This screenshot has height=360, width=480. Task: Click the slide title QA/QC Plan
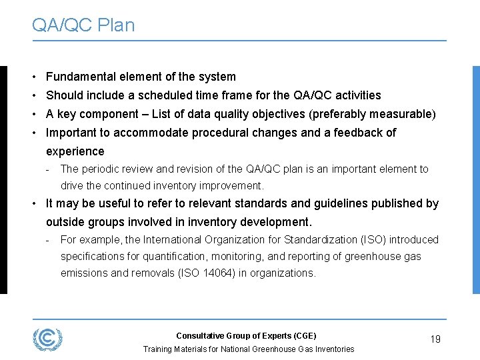[83, 25]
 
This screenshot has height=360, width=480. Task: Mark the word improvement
[230, 186]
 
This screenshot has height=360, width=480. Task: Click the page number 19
[435, 339]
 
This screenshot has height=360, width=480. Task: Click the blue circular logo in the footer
[47, 339]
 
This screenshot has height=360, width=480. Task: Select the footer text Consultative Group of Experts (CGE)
[246, 335]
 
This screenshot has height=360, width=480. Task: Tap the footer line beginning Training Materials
[249, 349]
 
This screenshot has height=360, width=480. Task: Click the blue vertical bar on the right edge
[475, 179]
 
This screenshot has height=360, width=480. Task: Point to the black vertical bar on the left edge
[3, 179]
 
